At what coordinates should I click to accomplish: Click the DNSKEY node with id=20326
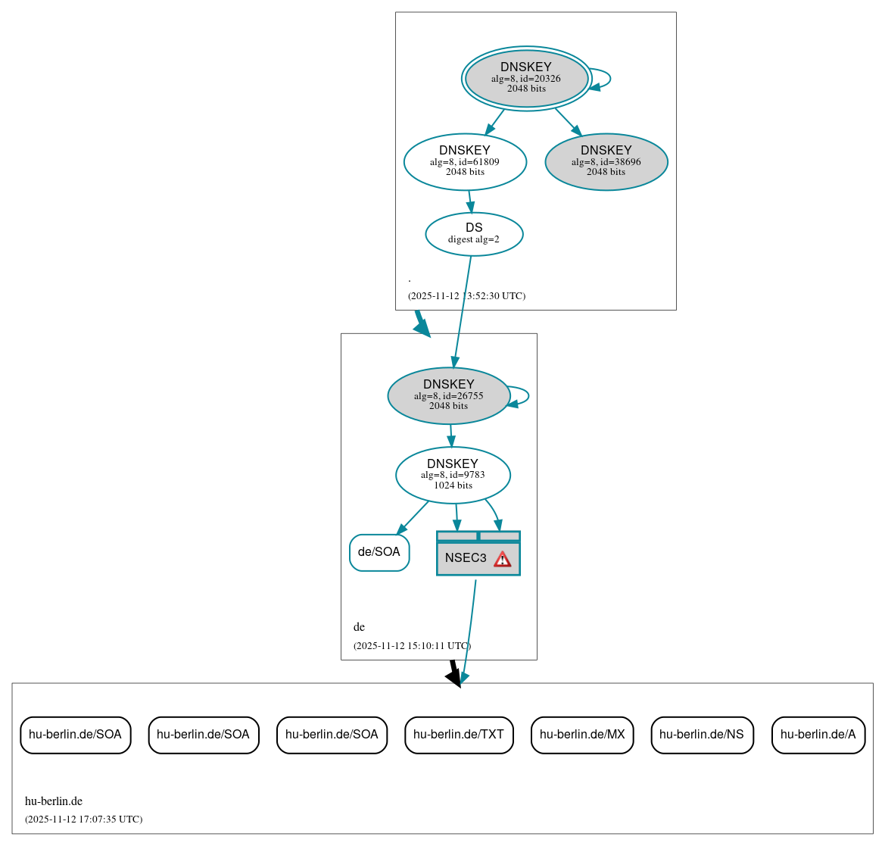(526, 78)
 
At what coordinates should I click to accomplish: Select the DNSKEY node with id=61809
(465, 161)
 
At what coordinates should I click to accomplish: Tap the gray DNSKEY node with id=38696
(606, 161)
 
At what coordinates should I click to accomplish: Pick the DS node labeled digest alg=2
(474, 234)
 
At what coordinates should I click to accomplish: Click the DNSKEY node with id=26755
(448, 395)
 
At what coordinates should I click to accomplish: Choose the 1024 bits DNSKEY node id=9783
(453, 475)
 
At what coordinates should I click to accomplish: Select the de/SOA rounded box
(379, 552)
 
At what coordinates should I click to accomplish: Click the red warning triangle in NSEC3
(502, 559)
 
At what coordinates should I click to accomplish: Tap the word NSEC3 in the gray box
(466, 558)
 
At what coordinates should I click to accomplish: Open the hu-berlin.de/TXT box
(459, 735)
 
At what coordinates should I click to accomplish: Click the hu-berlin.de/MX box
(582, 735)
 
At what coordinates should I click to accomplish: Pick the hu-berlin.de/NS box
(702, 735)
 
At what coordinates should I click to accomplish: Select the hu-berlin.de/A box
(818, 735)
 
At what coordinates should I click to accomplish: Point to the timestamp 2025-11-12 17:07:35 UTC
(83, 819)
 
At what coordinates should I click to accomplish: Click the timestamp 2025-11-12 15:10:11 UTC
(412, 646)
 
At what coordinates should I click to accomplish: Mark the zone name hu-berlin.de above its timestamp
(54, 801)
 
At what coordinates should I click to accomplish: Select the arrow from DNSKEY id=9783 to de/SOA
(413, 517)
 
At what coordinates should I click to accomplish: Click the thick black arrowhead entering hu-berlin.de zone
(454, 677)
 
